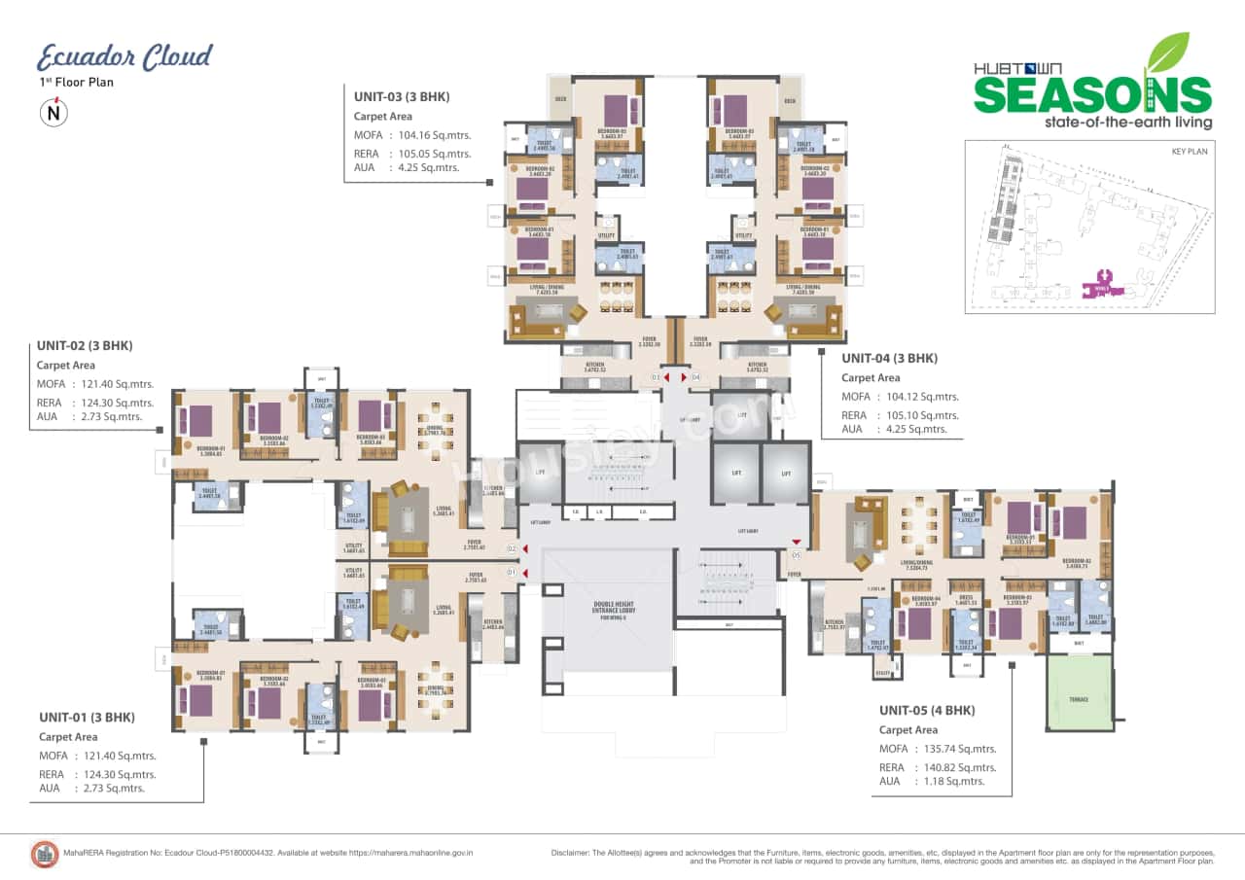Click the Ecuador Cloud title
[x=124, y=57]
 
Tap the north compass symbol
[x=53, y=113]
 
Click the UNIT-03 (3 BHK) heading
[x=402, y=96]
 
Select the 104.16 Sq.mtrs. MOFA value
[x=435, y=135]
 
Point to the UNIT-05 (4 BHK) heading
[x=926, y=710]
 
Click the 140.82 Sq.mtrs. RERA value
[x=959, y=767]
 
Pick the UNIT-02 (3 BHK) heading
[x=85, y=345]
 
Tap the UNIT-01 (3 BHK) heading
[x=86, y=717]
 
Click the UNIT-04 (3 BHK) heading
[x=889, y=358]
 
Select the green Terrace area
[x=1080, y=692]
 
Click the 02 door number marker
[x=512, y=549]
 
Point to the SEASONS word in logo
[x=1092, y=95]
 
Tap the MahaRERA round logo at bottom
[x=45, y=853]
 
